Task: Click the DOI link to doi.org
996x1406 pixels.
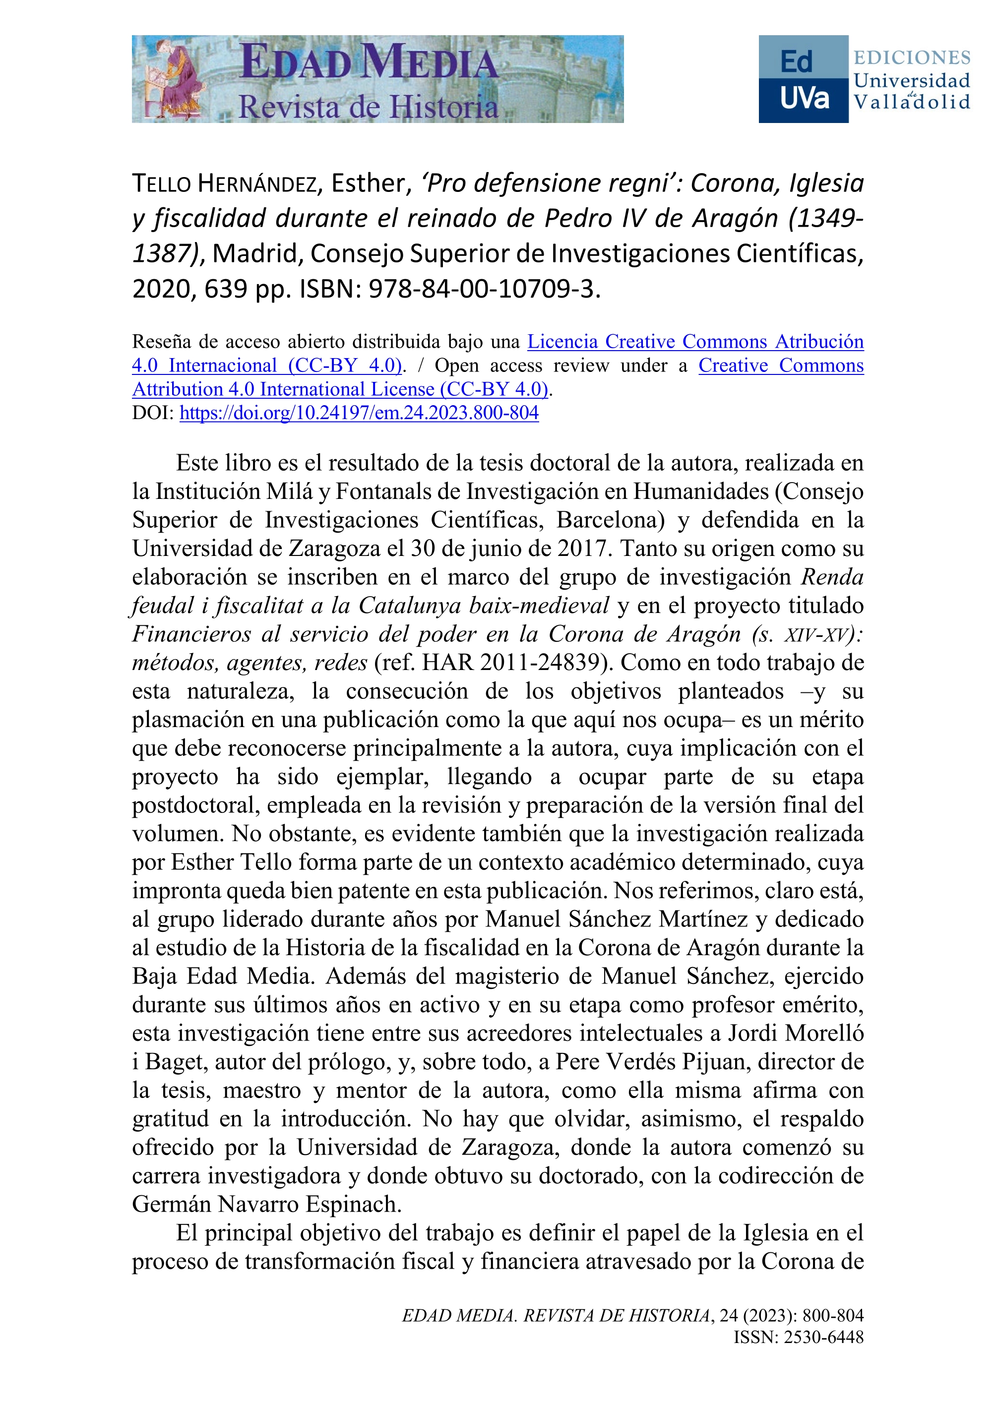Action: pos(359,413)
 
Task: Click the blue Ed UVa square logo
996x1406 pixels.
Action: pos(803,79)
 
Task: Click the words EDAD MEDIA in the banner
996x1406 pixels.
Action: pos(369,63)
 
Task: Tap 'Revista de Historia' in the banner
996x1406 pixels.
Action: pos(368,107)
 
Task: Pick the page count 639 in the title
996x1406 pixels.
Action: pos(226,288)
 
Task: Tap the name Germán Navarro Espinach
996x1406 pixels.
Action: pos(267,1204)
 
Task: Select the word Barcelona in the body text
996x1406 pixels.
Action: pos(610,519)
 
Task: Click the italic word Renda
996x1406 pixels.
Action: pos(832,576)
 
